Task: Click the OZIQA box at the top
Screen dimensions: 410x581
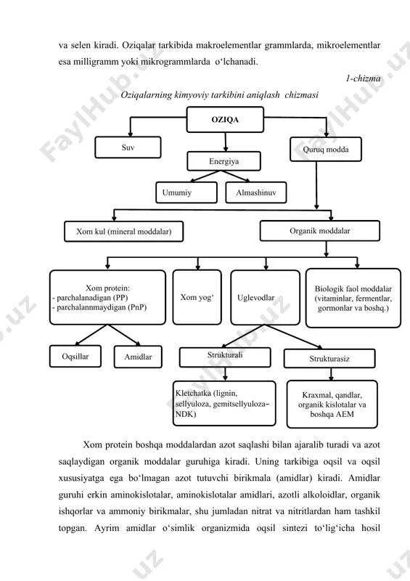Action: point(225,119)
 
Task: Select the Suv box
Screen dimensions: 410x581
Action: point(128,147)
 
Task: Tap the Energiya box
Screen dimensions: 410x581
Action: point(224,161)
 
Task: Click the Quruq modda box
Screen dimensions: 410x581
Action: point(326,150)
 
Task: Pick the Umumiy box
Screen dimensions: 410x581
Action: point(186,192)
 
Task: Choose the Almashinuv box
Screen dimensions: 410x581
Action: point(256,192)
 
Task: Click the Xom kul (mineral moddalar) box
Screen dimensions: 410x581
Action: point(123,232)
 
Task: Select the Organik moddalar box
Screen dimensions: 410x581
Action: point(319,231)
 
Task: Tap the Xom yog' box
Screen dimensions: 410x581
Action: point(197,297)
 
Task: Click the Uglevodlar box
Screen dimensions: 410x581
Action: point(265,298)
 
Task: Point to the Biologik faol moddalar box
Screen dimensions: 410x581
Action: point(353,298)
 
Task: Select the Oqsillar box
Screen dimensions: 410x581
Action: point(75,357)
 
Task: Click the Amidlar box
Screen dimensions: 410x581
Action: point(138,357)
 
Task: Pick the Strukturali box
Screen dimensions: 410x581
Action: point(225,357)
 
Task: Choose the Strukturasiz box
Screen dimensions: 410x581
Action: point(329,359)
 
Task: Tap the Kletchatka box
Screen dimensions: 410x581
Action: point(224,404)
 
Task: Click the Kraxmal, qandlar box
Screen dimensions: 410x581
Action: point(332,405)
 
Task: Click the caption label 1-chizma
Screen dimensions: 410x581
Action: point(363,78)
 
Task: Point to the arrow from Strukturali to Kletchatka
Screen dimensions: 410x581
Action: point(225,374)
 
